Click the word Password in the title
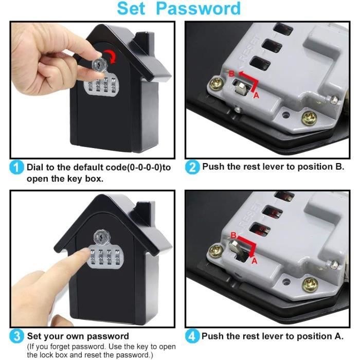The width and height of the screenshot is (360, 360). click(x=199, y=9)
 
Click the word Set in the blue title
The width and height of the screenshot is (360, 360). click(x=134, y=9)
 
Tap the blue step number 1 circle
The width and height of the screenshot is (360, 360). click(x=17, y=167)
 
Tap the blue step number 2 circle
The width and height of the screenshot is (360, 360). click(x=192, y=167)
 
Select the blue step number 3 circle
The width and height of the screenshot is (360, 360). click(x=17, y=336)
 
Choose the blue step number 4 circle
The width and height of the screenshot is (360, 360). click(x=192, y=336)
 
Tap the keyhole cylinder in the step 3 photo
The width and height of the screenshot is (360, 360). click(x=101, y=238)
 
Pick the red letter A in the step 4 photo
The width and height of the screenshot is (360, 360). click(x=253, y=261)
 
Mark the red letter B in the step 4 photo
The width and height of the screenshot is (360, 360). click(x=233, y=236)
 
